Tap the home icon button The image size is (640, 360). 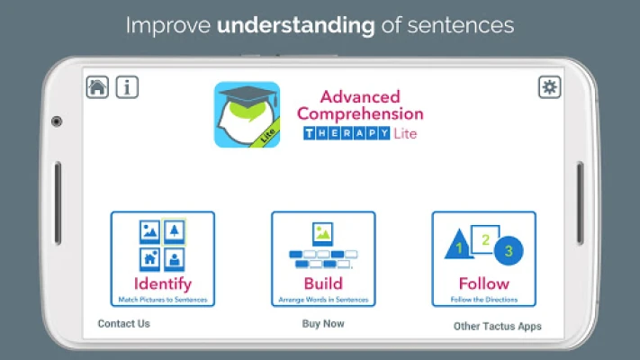[x=97, y=87]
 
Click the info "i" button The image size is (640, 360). [x=127, y=87]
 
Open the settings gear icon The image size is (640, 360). [x=549, y=87]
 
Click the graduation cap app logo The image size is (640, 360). [x=247, y=114]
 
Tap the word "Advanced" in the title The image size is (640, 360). [x=360, y=96]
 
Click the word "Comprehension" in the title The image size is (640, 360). [x=360, y=114]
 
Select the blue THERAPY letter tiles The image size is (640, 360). [x=347, y=133]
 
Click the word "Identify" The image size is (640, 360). [x=162, y=283]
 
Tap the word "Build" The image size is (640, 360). [x=323, y=283]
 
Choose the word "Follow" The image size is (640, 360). [x=484, y=283]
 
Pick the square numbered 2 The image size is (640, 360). [x=485, y=239]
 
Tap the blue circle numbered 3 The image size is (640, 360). [x=509, y=250]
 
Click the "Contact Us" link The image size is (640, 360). [x=123, y=324]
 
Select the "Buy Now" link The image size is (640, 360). [x=323, y=324]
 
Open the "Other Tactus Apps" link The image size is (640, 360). [x=498, y=326]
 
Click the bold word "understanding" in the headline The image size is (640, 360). [x=296, y=25]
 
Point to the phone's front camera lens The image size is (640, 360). [x=57, y=121]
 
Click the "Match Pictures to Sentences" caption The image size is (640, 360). [x=162, y=300]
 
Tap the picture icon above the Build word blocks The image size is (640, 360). [x=323, y=234]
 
